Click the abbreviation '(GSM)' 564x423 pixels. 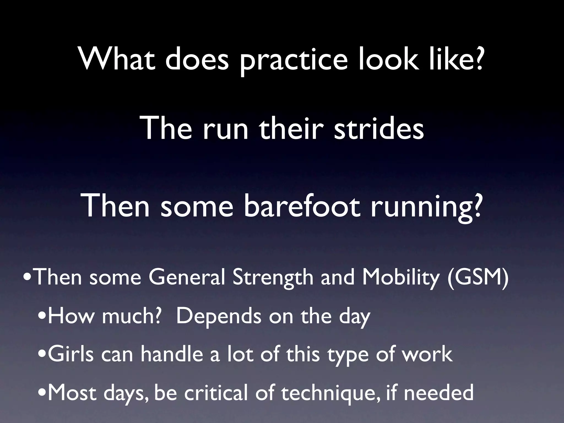478,277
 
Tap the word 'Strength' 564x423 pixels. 273,277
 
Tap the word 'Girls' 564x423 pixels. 70,354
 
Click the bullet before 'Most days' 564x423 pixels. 42,393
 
